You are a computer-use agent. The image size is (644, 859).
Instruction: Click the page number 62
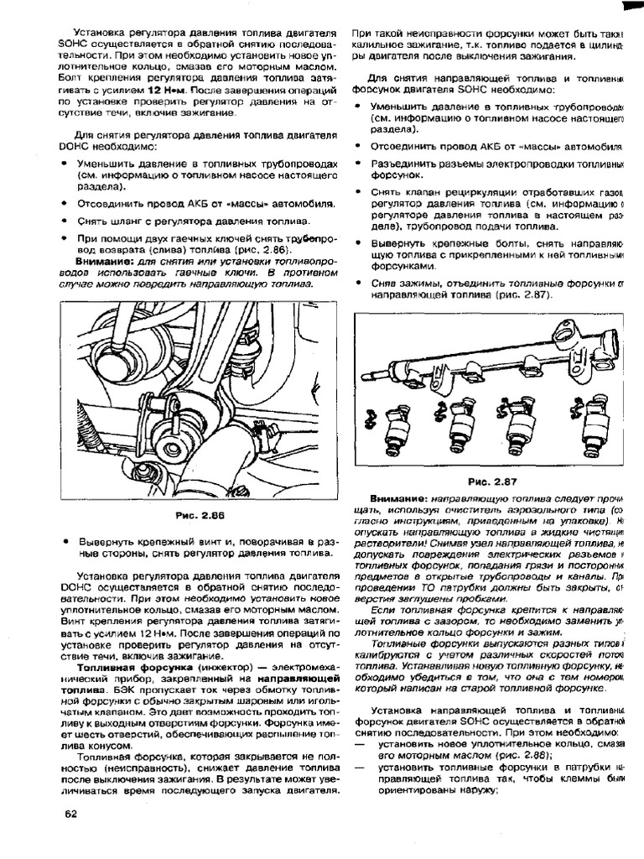70,814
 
